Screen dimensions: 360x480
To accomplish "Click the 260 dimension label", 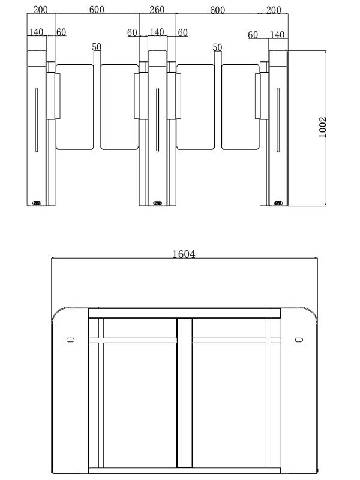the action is pyautogui.click(x=157, y=10).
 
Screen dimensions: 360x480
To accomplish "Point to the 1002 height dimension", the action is pyautogui.click(x=323, y=127).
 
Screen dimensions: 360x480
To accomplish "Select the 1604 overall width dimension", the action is pyautogui.click(x=184, y=254).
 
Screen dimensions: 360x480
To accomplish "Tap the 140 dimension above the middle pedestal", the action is pyautogui.click(x=157, y=32).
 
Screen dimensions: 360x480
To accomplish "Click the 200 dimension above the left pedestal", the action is pyautogui.click(x=40, y=10).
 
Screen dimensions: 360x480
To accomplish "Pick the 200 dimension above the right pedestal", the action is pyautogui.click(x=274, y=10).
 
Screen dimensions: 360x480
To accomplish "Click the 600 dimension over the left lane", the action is pyautogui.click(x=97, y=10).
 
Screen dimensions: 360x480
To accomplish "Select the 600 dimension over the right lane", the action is pyautogui.click(x=218, y=10).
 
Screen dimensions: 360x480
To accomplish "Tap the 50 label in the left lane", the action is pyautogui.click(x=97, y=47).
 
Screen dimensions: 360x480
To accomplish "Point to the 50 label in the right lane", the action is pyautogui.click(x=217, y=47).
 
